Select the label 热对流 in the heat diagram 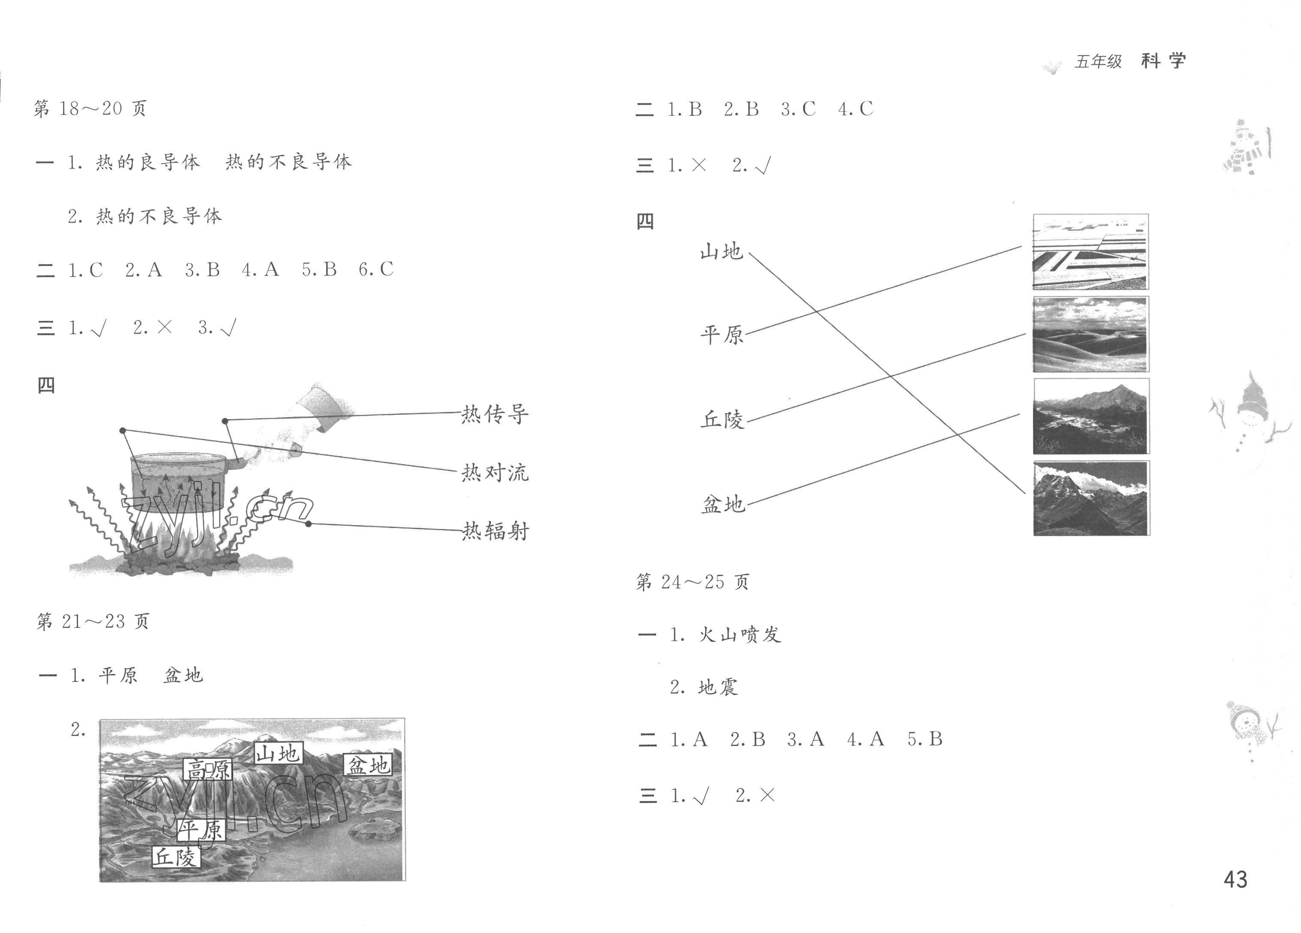coord(495,473)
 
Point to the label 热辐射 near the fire coord(495,531)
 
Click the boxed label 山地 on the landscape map coord(278,753)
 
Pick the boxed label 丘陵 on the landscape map coord(175,857)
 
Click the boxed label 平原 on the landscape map coord(201,830)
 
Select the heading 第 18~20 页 coord(91,109)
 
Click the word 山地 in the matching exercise coord(721,251)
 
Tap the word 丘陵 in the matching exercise coord(722,420)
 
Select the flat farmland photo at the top coord(1090,251)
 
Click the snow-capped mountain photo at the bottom coord(1090,498)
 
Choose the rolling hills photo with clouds coord(1090,334)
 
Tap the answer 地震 coord(718,687)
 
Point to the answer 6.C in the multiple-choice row coord(376,269)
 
